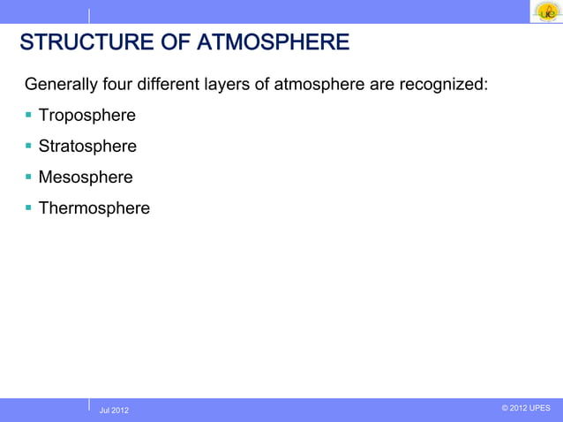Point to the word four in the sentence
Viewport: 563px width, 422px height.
tap(118, 86)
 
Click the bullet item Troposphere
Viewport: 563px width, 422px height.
tap(86, 117)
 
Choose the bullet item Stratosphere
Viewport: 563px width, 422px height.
tap(87, 147)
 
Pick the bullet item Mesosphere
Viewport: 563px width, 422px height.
tap(86, 177)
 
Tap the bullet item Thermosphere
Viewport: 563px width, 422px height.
tap(94, 208)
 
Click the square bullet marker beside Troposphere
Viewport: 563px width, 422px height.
tap(29, 116)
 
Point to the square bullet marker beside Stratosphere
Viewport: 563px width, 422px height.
tap(29, 146)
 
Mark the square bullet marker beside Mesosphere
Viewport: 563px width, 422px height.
tap(29, 177)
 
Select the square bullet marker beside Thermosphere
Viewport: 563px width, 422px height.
tap(29, 207)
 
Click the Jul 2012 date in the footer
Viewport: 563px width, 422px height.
tap(114, 410)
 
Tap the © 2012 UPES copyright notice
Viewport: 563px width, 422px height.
tap(525, 408)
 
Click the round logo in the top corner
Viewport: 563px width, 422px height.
tap(546, 11)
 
